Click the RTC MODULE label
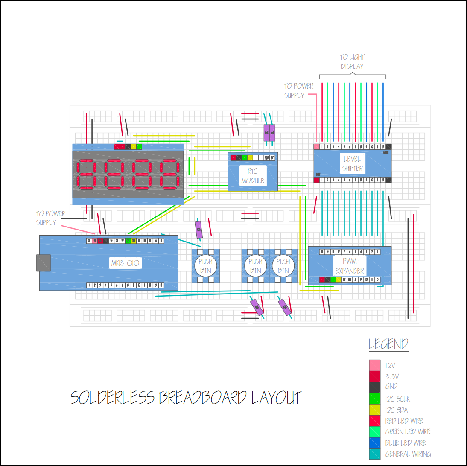tap(252, 176)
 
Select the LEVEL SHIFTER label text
tap(352, 164)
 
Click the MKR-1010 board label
tap(125, 263)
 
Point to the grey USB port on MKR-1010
tap(43, 263)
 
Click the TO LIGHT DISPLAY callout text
tap(352, 61)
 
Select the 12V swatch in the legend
tap(374, 365)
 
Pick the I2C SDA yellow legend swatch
tap(374, 410)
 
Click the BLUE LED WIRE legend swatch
tap(374, 443)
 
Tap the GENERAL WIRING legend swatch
tap(374, 454)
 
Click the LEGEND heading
tap(388, 344)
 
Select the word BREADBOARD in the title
tap(202, 398)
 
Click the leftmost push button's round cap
tap(206, 266)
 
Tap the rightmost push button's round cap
tap(283, 266)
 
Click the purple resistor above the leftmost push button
tap(198, 230)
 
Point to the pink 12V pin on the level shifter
tap(316, 146)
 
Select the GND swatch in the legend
tap(374, 387)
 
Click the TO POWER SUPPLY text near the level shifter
tap(299, 90)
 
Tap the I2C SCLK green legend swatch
tap(374, 399)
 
